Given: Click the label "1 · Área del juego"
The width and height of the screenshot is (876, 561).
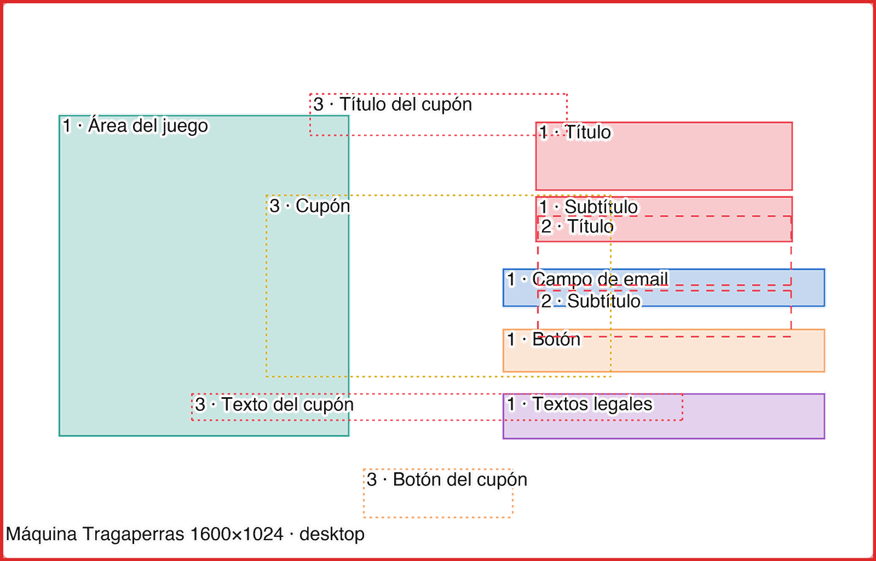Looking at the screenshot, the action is tap(135, 126).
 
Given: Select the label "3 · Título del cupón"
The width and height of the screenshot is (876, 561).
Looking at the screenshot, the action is tap(393, 105).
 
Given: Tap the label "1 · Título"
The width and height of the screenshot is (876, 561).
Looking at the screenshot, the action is tap(575, 132).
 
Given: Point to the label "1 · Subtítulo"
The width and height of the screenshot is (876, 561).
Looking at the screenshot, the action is tap(588, 207).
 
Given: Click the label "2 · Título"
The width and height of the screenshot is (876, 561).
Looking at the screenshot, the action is tap(577, 226).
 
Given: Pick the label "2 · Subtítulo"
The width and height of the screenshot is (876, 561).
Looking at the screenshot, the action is tap(591, 301).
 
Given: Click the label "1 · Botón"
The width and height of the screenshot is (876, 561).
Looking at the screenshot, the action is tap(544, 339).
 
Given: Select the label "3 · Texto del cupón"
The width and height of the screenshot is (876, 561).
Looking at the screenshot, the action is tap(274, 404).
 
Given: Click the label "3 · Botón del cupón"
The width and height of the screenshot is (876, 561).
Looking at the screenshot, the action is tap(447, 479).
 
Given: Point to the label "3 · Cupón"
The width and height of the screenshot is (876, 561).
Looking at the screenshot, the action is tap(310, 206).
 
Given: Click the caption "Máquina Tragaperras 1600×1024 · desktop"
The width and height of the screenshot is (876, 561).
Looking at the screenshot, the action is tap(185, 534).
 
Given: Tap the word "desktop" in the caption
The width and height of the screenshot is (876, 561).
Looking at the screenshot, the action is tap(332, 534).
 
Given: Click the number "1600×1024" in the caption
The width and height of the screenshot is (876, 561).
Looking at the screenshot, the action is tap(237, 534).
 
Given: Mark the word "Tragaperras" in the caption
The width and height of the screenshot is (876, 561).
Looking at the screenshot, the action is tap(134, 534).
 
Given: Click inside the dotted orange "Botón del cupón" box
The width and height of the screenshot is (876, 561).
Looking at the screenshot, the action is tap(438, 503).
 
